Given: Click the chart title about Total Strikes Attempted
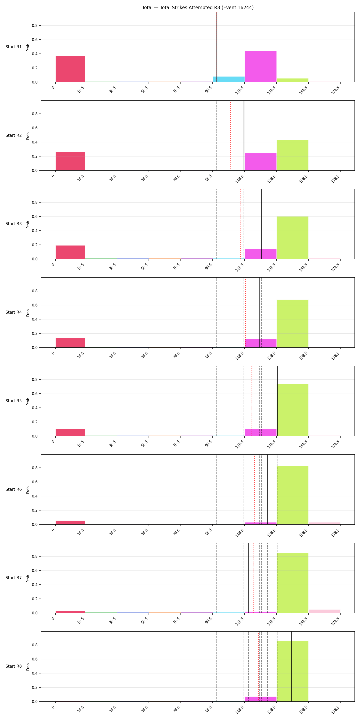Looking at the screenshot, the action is tap(198, 7).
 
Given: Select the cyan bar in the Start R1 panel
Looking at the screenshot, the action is tap(229, 79).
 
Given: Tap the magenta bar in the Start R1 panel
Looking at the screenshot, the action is tap(260, 66).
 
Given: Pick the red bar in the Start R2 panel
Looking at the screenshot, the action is tap(70, 161).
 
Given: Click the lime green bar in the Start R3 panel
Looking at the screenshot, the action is tap(292, 238).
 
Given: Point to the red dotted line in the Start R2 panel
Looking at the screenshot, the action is tap(230, 136).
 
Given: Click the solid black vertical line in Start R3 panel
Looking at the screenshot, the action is tap(261, 224).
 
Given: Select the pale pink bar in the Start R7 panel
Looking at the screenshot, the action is tap(324, 611).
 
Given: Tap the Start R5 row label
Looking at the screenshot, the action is tap(13, 401).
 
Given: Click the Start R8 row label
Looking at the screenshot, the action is tap(13, 666).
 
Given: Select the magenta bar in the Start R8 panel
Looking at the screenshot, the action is tap(260, 699).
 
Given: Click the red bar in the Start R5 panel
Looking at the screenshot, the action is tap(70, 433).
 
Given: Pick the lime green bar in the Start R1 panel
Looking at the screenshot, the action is tap(292, 80).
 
